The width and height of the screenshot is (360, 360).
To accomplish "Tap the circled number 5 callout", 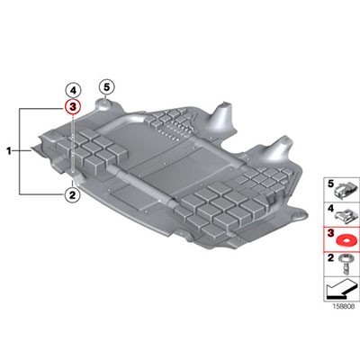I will click(106, 86).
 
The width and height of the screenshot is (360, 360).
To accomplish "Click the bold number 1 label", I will click(10, 152).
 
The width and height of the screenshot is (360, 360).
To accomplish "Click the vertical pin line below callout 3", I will click(73, 144).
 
